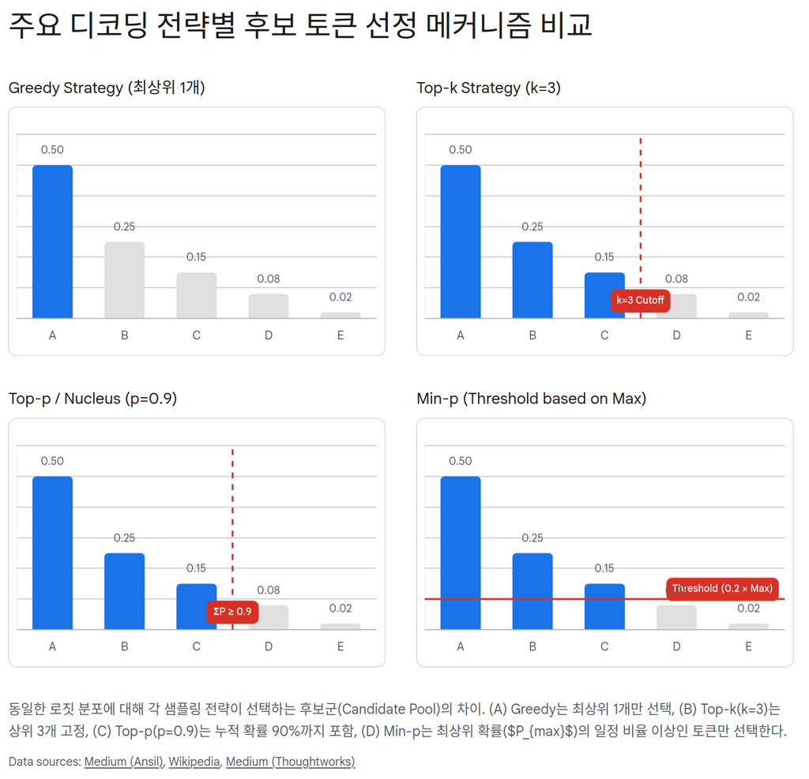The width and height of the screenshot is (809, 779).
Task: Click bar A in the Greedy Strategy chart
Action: point(52,242)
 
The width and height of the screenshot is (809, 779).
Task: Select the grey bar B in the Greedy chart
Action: point(124,280)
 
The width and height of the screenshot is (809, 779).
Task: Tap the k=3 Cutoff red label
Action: point(641,300)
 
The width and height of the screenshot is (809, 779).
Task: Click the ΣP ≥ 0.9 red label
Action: point(232,612)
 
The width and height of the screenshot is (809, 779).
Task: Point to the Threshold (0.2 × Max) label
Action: point(722,589)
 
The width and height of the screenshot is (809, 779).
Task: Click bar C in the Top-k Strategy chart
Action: point(604,295)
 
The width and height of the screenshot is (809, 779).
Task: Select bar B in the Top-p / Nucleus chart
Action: point(124,591)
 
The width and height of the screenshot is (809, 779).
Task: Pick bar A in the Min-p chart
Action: point(461,552)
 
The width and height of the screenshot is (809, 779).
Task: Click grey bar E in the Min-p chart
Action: point(748,627)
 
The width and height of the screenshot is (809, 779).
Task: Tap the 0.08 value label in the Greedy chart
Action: point(269,279)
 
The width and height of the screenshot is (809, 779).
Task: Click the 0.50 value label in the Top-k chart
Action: point(461,150)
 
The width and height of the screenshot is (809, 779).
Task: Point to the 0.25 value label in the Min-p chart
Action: point(532,538)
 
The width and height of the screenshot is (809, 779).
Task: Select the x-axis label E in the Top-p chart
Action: point(341,646)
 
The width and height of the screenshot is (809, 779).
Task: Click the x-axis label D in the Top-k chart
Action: point(676,335)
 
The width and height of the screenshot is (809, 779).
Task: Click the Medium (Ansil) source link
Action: point(122,762)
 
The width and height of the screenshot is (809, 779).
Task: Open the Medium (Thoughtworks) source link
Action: point(290,762)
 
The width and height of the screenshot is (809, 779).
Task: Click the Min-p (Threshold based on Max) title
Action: point(531,399)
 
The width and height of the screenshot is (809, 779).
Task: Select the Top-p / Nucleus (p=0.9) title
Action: point(92,399)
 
